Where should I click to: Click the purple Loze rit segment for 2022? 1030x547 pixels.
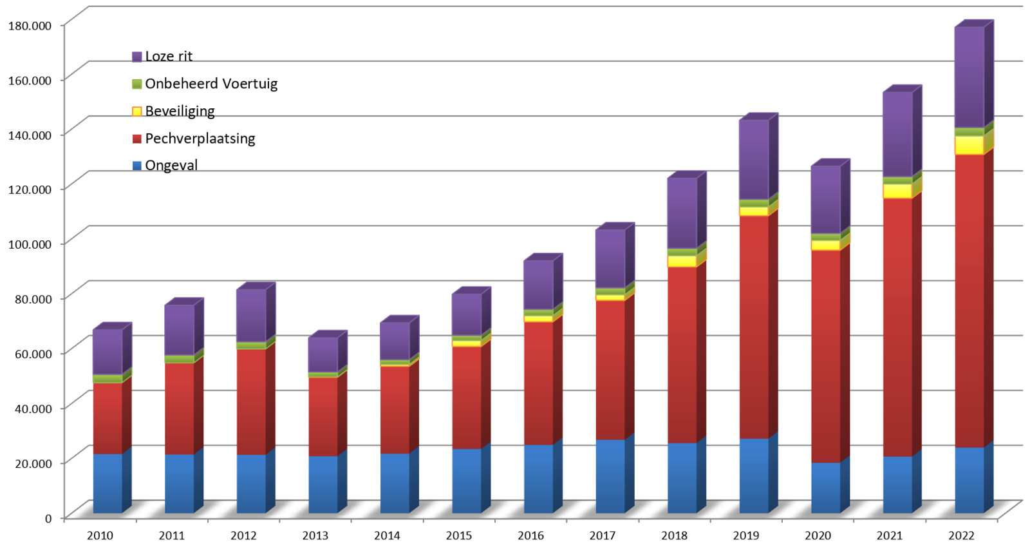[969, 77]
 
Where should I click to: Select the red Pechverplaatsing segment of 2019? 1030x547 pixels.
[754, 327]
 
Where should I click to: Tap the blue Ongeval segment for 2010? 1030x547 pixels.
[108, 483]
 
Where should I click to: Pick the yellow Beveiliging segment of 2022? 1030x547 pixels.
[969, 145]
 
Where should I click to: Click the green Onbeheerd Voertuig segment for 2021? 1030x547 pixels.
[897, 181]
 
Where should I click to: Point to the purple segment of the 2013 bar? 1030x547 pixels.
[323, 354]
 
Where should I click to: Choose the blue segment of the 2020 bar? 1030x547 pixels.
[825, 488]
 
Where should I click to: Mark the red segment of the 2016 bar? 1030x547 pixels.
[538, 383]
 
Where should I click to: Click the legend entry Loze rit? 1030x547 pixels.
[168, 57]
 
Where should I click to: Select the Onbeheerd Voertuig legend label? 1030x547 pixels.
[211, 84]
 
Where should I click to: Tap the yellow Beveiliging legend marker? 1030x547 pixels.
[136, 111]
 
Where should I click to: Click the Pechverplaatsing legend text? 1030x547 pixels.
[200, 139]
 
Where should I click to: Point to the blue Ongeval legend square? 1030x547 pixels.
[136, 166]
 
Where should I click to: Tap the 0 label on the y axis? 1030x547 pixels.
[48, 518]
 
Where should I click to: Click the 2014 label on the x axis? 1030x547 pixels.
[387, 535]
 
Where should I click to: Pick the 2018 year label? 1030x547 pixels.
[674, 535]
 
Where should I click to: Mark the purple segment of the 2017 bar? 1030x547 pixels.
[610, 258]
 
